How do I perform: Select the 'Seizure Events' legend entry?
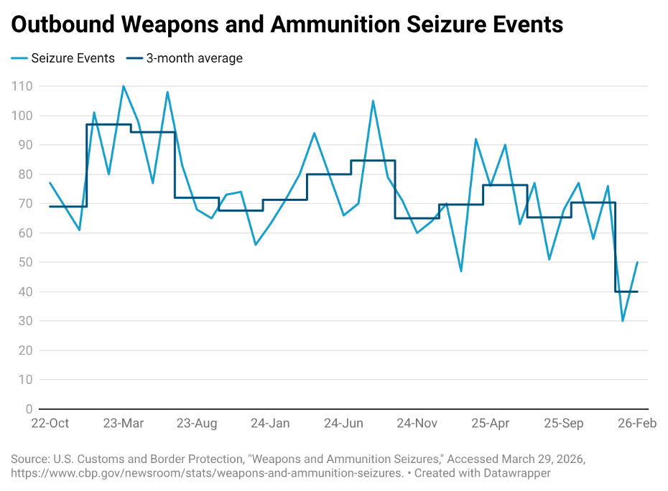[x=73, y=58]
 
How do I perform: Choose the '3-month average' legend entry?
[x=194, y=58]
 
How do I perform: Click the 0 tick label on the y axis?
[x=29, y=409]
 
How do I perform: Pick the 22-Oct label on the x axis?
[x=50, y=424]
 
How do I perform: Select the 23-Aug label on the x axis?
[x=197, y=424]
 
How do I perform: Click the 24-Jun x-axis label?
[x=343, y=424]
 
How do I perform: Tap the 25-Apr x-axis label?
[x=491, y=424]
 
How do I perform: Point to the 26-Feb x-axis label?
[x=637, y=424]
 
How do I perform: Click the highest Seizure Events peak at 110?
[x=124, y=86]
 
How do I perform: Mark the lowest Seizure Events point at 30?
[x=623, y=321]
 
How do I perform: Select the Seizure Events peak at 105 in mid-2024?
[x=373, y=100]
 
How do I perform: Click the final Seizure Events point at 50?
[x=637, y=262]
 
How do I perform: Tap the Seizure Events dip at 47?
[x=461, y=271]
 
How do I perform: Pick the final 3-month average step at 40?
[x=626, y=291]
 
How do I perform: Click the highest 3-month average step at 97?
[x=108, y=124]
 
